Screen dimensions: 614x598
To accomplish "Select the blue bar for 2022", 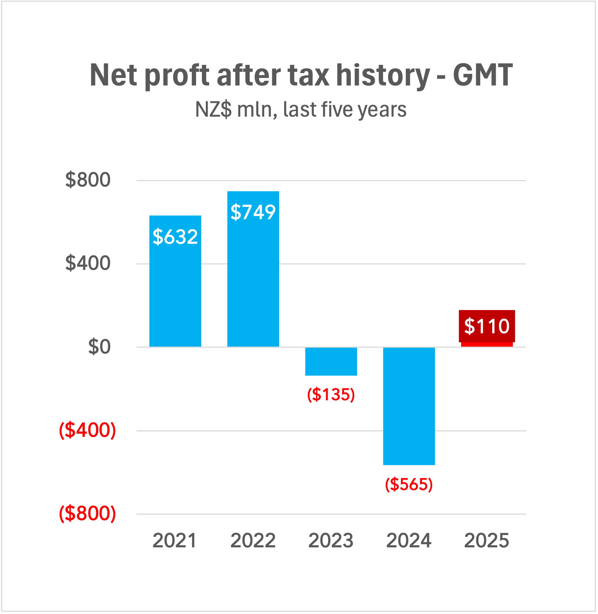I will coord(253,283).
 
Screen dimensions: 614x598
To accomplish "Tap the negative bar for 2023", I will coord(331,362).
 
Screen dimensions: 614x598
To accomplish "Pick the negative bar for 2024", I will coord(409,406).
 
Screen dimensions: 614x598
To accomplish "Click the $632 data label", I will coord(175,237).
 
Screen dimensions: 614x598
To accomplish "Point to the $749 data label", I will coord(253,212).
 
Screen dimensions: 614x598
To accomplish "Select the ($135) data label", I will coord(331,394).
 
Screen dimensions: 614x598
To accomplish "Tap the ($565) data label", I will coord(409,484).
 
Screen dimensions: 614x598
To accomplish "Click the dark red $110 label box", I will coord(487,326).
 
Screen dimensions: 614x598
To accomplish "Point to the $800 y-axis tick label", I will coord(88,180).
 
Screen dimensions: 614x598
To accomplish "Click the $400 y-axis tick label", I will coord(88,263).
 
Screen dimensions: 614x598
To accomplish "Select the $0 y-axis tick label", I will coord(99,347).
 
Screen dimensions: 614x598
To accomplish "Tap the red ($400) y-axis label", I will coord(87,430).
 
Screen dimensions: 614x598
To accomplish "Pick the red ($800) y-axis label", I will coord(87,514).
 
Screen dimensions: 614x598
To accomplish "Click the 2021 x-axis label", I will coord(175,541).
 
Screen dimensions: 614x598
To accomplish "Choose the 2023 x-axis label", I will coord(331,541).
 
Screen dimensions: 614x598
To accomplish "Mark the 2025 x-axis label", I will coord(487,541).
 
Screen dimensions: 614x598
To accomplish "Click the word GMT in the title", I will coord(483,75).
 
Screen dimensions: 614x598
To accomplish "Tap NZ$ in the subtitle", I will coord(213,109).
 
